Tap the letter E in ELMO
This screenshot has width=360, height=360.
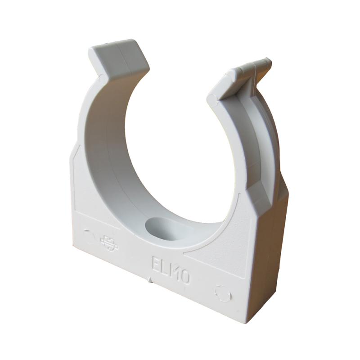pyautogui.click(x=156, y=265)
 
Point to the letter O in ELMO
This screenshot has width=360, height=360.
pyautogui.click(x=185, y=278)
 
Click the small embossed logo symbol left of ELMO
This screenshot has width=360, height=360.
pyautogui.click(x=109, y=243)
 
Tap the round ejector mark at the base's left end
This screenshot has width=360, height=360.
pyautogui.click(x=89, y=235)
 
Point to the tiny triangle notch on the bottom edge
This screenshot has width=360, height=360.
pyautogui.click(x=149, y=279)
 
